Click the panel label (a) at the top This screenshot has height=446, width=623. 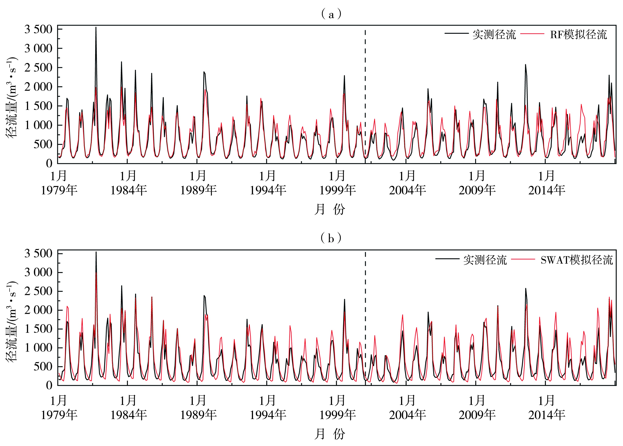(x=331, y=14)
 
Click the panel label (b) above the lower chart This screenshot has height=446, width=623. (x=331, y=238)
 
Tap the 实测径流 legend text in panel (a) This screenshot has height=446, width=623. (x=494, y=35)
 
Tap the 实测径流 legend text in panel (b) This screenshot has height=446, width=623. (x=485, y=260)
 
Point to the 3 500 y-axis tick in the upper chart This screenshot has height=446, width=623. (x=38, y=29)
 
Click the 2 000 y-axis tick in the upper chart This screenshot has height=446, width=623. (x=38, y=87)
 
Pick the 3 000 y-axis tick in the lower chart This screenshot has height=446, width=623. (x=38, y=272)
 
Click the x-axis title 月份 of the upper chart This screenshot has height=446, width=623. (x=329, y=209)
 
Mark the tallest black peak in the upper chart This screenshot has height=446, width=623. (x=96, y=28)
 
